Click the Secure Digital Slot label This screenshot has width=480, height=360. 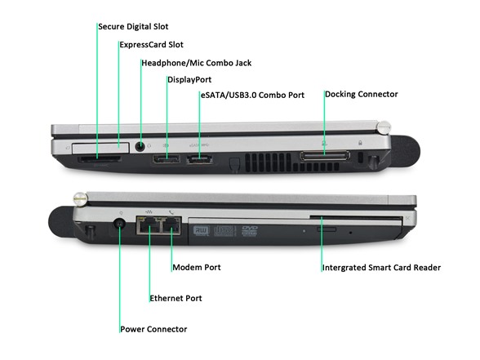tap(133, 27)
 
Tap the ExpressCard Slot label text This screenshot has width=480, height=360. tap(152, 45)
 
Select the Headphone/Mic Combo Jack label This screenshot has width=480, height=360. tap(197, 63)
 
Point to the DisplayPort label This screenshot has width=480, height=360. tap(189, 80)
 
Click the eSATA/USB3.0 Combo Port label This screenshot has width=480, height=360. tap(252, 96)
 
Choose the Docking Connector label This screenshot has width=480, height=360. tap(362, 95)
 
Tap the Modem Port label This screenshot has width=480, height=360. tap(197, 267)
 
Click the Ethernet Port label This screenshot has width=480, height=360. tap(176, 298)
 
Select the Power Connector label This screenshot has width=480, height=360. tap(153, 330)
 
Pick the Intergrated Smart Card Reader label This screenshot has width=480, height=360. tap(382, 268)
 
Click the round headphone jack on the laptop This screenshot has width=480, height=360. tap(140, 147)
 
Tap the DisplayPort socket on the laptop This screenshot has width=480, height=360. tap(167, 159)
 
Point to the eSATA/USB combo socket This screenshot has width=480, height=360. tap(199, 159)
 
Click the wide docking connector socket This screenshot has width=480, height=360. tap(325, 155)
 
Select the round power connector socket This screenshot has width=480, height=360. tap(119, 224)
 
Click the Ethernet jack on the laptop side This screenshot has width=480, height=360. tap(149, 226)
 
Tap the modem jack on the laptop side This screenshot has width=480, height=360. tap(171, 226)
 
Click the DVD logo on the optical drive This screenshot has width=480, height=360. tap(250, 231)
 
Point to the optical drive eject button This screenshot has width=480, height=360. tap(327, 229)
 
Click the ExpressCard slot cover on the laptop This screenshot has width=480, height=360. tap(100, 148)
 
